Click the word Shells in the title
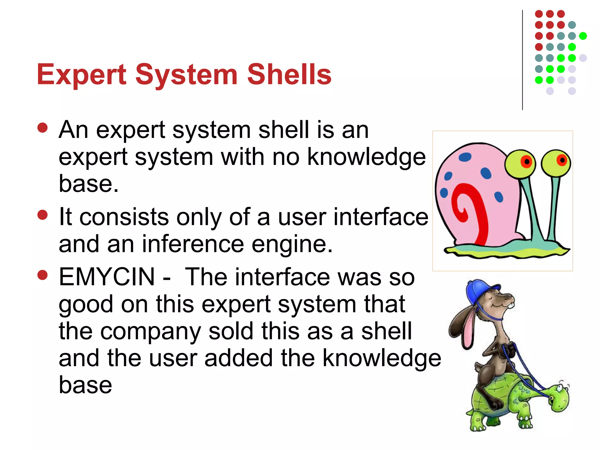[289, 75]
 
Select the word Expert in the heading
[81, 75]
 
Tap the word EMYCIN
[107, 277]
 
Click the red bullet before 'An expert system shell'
[43, 128]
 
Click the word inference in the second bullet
[193, 244]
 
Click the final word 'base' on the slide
[85, 385]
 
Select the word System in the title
[186, 75]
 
